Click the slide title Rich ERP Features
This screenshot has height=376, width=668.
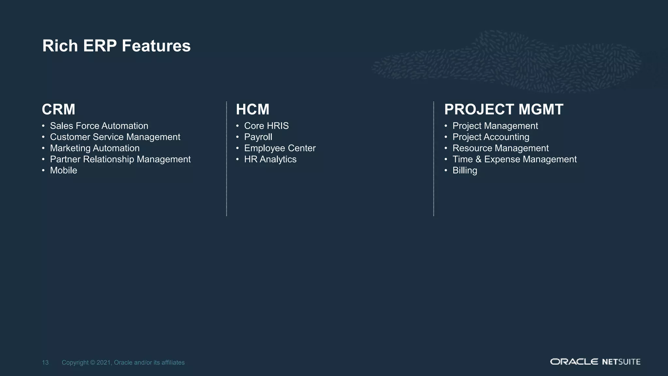tap(116, 46)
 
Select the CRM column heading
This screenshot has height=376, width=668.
tap(59, 109)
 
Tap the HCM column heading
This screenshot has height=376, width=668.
tap(252, 109)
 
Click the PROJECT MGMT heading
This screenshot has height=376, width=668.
tap(504, 109)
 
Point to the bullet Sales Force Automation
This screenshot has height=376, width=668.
tap(99, 126)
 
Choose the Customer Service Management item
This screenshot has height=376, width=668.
tap(115, 137)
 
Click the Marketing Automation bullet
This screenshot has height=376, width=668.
tap(95, 148)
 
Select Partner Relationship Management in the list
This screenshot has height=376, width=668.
tap(120, 159)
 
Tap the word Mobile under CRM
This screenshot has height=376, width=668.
tap(64, 170)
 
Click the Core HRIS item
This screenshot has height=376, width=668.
tap(266, 126)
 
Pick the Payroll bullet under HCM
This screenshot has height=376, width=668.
tap(258, 137)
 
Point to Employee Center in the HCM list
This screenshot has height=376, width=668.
tap(280, 148)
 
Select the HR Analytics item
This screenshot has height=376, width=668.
tap(270, 159)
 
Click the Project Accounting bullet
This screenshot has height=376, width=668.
tap(491, 137)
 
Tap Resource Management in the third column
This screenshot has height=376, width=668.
tap(500, 148)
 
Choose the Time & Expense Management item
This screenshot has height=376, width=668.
tap(514, 159)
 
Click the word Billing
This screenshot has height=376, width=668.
tap(465, 170)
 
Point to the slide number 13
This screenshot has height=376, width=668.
tap(45, 363)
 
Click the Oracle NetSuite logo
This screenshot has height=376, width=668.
tap(595, 362)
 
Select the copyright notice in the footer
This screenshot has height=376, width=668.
tap(123, 363)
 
